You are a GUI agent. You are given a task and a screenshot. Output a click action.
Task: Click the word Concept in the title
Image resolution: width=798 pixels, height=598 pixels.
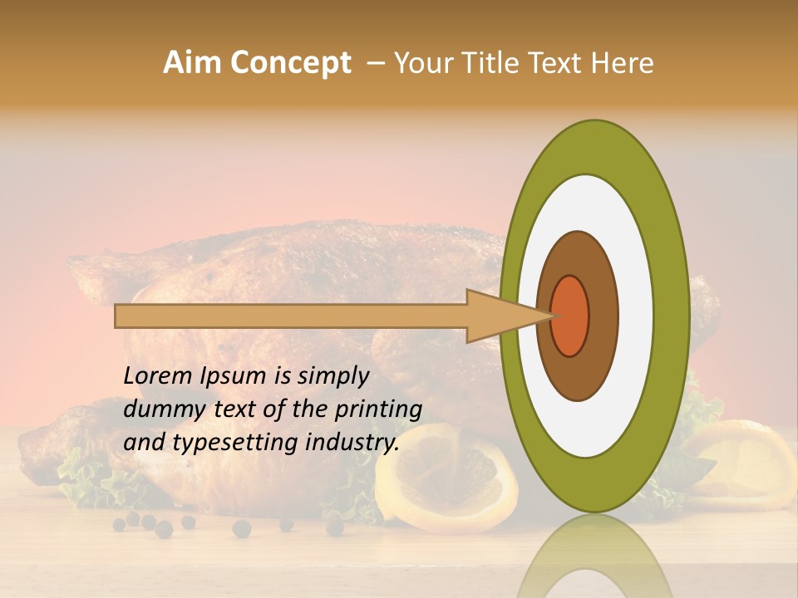(291, 64)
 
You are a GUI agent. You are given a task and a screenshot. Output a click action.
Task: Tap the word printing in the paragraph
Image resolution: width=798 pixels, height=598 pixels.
(378, 409)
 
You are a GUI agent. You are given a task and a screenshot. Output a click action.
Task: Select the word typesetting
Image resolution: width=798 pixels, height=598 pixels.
(236, 443)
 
